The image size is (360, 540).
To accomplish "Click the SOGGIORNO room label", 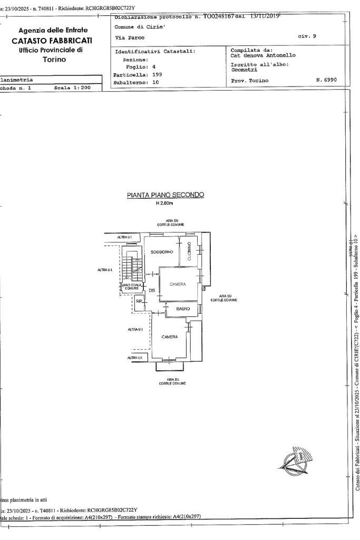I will (161, 252).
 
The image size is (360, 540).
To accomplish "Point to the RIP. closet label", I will (139, 301).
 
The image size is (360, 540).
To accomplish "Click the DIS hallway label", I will (151, 291).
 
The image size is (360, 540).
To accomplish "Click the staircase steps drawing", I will (134, 267).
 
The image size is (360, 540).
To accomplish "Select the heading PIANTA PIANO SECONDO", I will (165, 195).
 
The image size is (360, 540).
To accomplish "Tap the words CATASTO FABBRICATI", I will (52, 40).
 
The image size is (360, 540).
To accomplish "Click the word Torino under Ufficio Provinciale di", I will (52, 60).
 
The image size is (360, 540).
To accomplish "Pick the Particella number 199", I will (157, 74).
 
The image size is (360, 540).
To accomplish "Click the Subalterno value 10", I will (155, 82).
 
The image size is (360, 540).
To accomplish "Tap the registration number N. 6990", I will (326, 80).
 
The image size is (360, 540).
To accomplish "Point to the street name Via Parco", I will (130, 37).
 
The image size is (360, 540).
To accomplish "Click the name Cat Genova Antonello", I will (263, 55).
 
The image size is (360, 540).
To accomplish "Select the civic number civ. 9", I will (306, 36).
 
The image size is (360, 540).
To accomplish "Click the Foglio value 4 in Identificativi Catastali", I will (154, 67).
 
